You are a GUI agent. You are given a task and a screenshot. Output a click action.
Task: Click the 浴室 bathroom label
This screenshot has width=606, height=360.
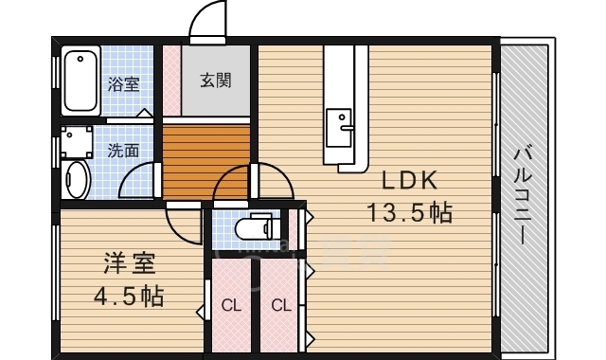(x=124, y=84)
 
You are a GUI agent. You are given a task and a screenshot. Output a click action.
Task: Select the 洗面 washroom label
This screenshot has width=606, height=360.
(x=123, y=150)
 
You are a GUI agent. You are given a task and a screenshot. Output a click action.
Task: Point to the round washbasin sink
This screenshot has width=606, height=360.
(x=76, y=179)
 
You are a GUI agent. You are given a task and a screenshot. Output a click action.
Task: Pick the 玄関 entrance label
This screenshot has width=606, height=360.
(x=216, y=81)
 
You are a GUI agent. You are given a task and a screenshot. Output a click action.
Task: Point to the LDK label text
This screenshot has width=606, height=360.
(x=408, y=180)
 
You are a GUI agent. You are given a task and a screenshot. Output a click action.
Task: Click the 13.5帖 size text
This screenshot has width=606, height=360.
(x=409, y=212)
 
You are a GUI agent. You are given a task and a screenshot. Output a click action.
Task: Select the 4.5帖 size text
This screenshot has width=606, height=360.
(x=128, y=296)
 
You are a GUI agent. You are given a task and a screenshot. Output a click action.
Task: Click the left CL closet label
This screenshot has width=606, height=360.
(x=230, y=305)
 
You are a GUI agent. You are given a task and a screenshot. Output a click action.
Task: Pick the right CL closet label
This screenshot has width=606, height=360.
(x=280, y=305)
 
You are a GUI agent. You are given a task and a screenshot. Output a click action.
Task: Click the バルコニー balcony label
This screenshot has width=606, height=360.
(x=523, y=193)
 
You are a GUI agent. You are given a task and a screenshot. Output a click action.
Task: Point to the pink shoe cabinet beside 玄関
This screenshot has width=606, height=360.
(x=171, y=80)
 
